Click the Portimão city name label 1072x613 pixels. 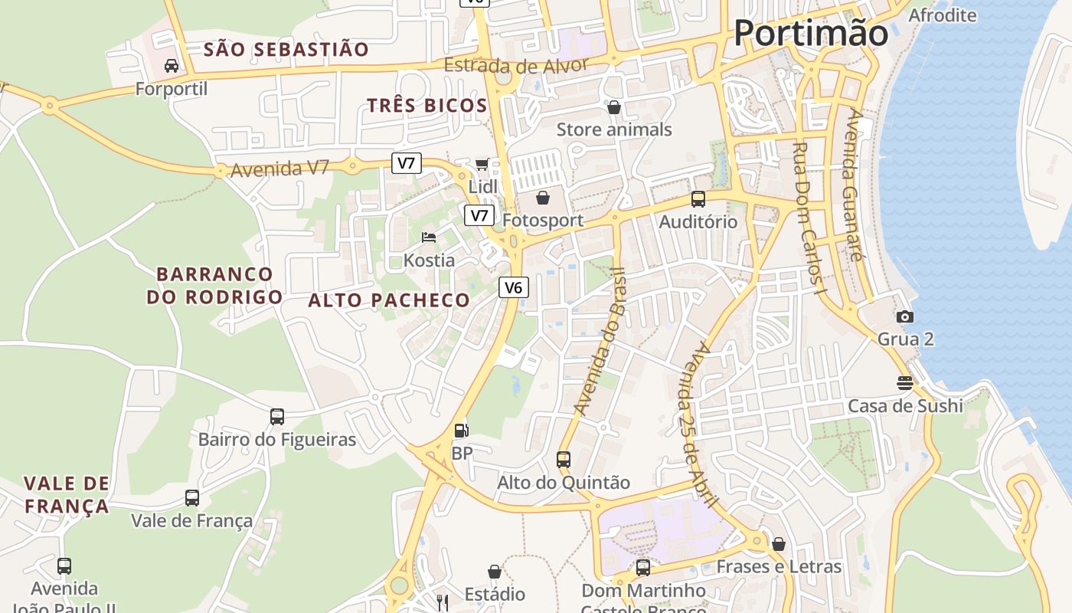click(811, 33)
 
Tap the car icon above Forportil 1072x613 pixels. click(172, 66)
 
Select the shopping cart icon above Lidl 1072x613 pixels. click(482, 163)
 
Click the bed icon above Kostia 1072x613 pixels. click(429, 237)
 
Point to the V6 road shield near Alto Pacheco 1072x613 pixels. click(513, 287)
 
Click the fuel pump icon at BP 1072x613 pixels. click(461, 431)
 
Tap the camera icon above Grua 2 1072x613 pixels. click(905, 316)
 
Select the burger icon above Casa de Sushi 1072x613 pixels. click(905, 383)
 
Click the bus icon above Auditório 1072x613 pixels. click(698, 199)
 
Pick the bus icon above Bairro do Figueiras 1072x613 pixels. click(277, 417)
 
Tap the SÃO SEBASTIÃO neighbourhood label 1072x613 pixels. click(286, 50)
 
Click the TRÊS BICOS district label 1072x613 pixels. click(427, 106)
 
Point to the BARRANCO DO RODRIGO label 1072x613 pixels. click(215, 285)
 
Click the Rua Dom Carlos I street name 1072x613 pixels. click(808, 218)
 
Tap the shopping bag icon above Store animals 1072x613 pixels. click(613, 107)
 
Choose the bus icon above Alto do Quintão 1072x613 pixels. click(564, 460)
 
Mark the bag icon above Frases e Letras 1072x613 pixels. click(779, 544)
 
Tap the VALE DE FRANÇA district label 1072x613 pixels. click(67, 494)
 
